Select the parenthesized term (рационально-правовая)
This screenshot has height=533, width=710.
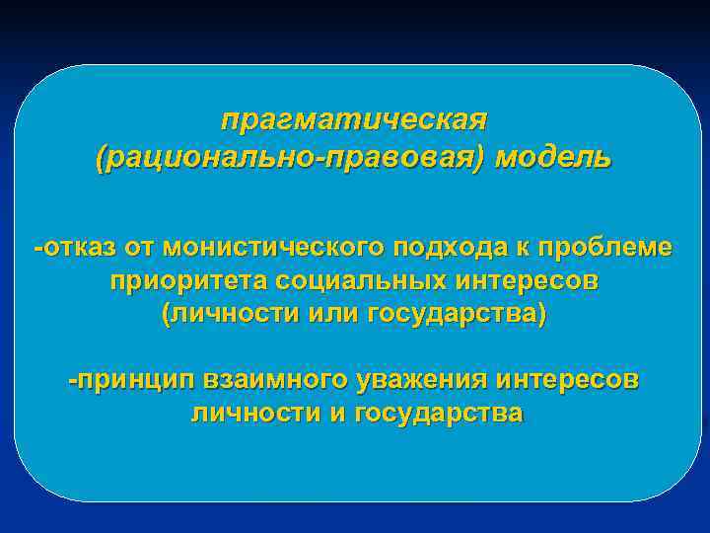point(291,157)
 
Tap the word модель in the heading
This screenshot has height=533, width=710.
point(553,157)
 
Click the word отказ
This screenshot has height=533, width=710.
point(76,247)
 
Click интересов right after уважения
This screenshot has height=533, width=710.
point(570,380)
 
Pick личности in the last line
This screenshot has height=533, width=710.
point(253,414)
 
